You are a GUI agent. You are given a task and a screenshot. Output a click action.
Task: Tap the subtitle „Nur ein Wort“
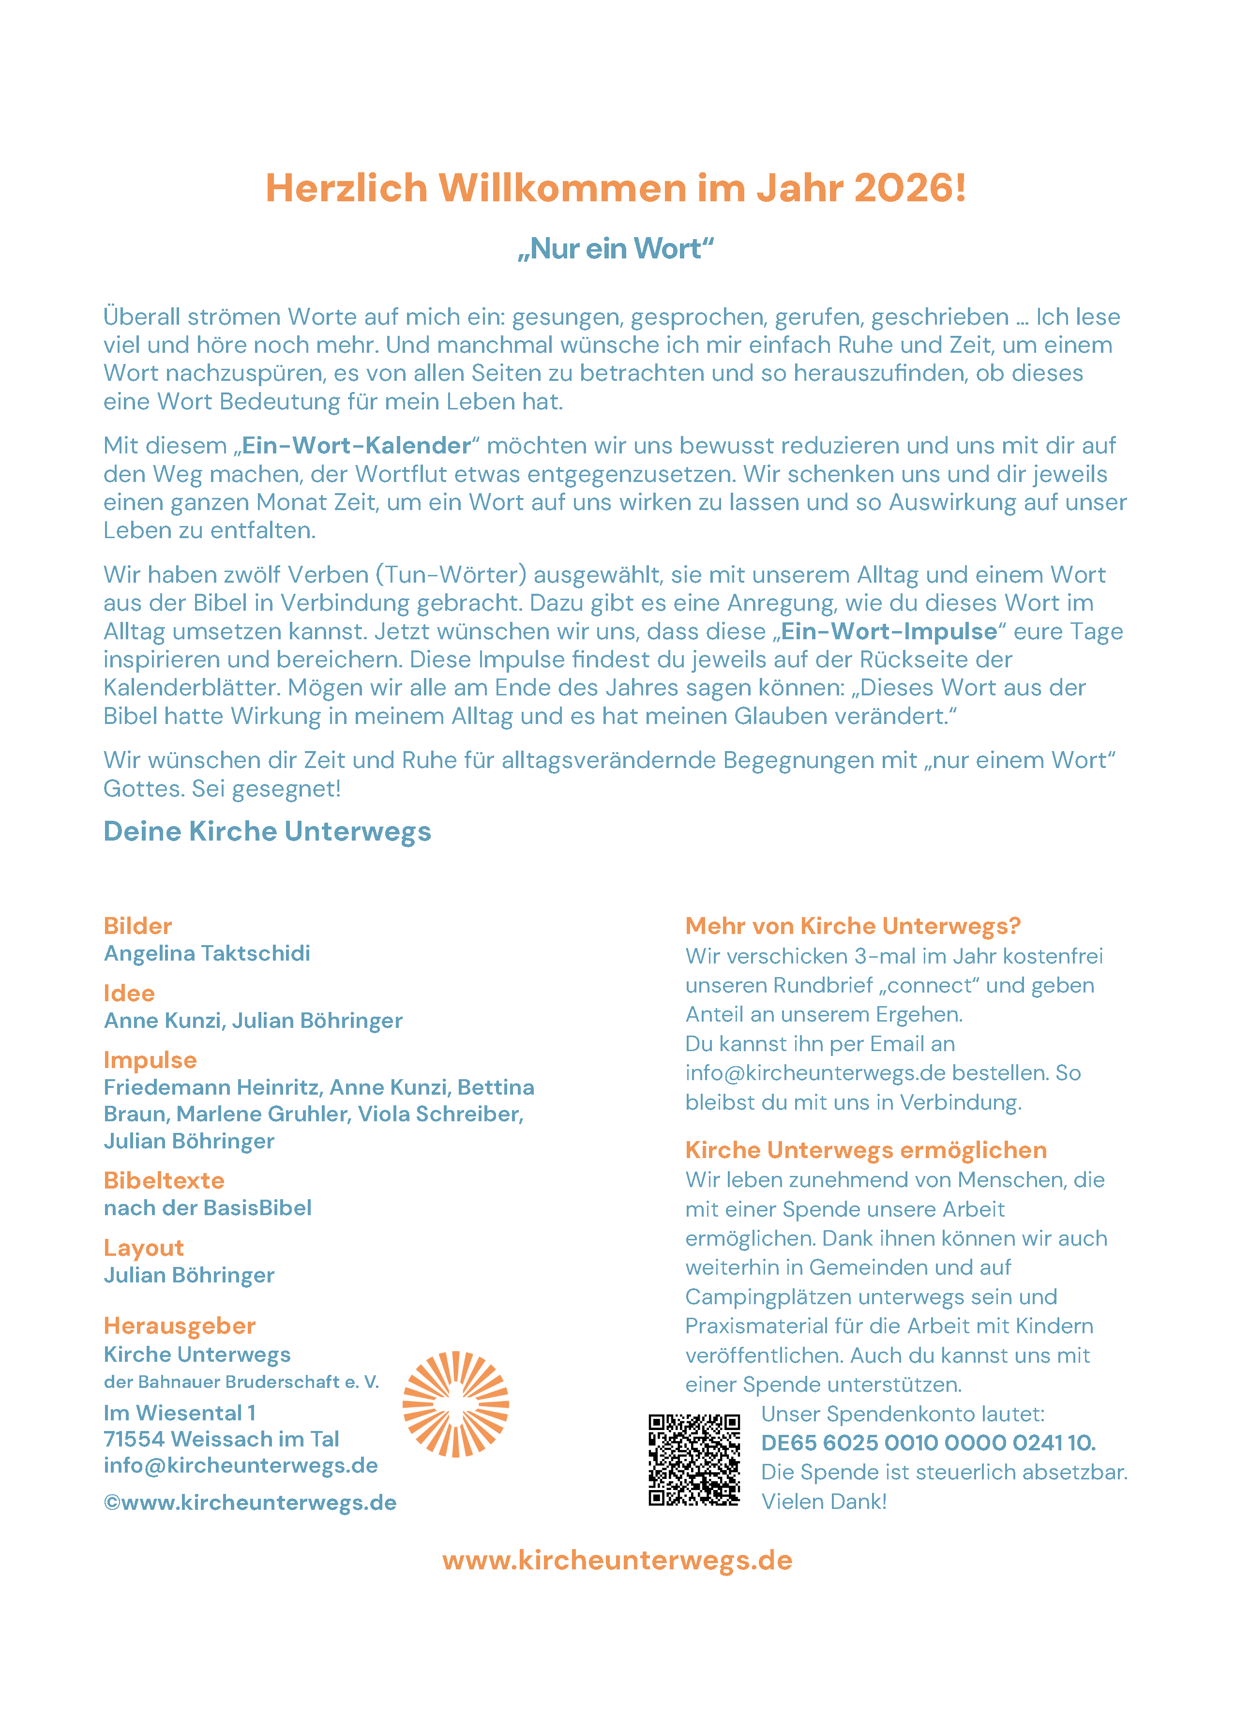click(x=616, y=249)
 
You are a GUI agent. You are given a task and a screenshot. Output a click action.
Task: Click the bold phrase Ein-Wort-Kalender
click(x=356, y=446)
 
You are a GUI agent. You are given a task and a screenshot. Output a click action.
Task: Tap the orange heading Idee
click(x=129, y=993)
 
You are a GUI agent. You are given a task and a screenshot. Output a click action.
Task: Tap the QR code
click(x=693, y=1460)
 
